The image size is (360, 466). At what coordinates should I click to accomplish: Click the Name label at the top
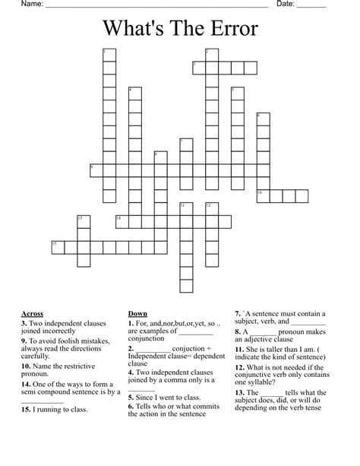30,5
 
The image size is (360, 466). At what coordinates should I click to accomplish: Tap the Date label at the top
286,5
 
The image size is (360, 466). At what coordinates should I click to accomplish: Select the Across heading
33,313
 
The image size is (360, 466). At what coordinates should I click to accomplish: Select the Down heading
137,313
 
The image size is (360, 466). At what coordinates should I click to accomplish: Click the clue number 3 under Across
25,322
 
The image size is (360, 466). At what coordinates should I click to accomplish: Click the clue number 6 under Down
131,406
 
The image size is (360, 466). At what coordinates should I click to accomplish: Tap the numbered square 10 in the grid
262,195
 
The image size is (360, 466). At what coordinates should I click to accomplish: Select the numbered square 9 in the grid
95,170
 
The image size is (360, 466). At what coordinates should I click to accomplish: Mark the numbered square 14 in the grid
121,220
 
